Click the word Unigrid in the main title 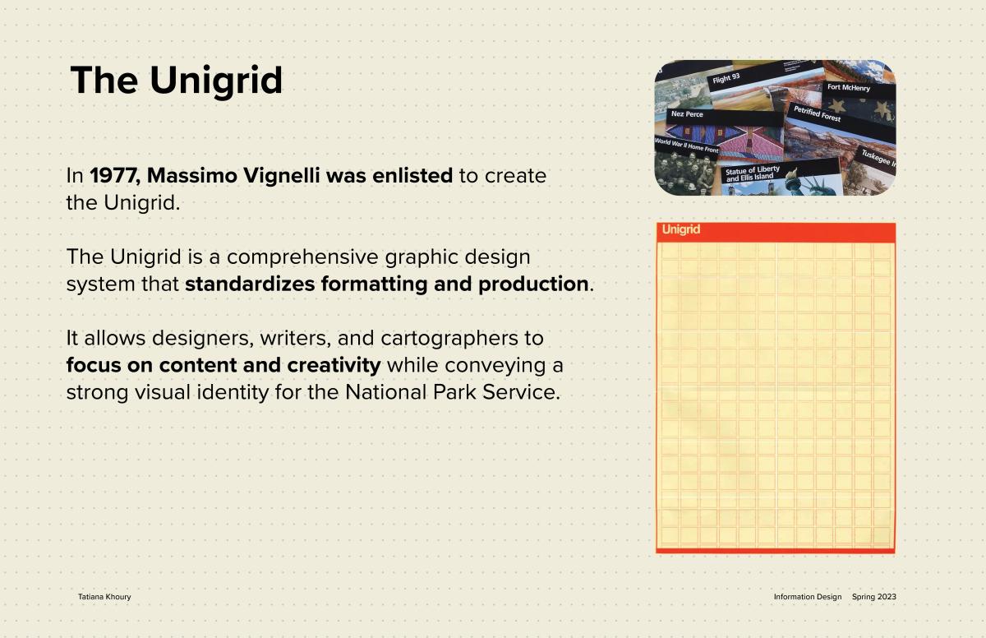pyautogui.click(x=215, y=81)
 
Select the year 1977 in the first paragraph pyautogui.click(x=115, y=175)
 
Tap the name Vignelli pyautogui.click(x=281, y=175)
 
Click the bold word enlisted pyautogui.click(x=412, y=175)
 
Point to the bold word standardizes pyautogui.click(x=250, y=284)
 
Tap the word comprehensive pyautogui.click(x=302, y=257)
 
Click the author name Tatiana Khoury pyautogui.click(x=104, y=597)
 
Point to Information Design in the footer pyautogui.click(x=807, y=597)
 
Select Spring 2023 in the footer pyautogui.click(x=873, y=597)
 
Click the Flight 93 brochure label pyautogui.click(x=726, y=78)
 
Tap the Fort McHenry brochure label pyautogui.click(x=849, y=87)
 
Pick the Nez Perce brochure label pyautogui.click(x=687, y=114)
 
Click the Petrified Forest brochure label pyautogui.click(x=817, y=113)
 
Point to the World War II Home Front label pyautogui.click(x=686, y=146)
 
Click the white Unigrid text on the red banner pyautogui.click(x=680, y=229)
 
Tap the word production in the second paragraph pyautogui.click(x=533, y=284)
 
